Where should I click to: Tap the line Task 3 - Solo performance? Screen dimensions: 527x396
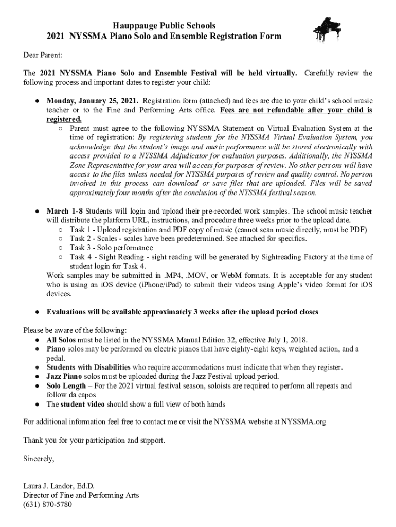111,248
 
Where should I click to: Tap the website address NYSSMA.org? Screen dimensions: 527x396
303,422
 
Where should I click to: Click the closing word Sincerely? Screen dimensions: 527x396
39,459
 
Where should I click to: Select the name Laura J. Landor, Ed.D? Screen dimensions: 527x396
59,486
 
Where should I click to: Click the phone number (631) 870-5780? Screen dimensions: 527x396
48,504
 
